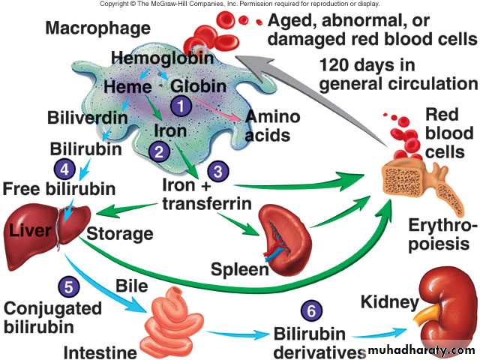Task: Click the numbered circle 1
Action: point(180,106)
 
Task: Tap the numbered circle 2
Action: point(159,151)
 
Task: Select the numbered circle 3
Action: point(217,170)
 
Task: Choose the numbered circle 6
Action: point(311,310)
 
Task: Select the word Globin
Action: point(198,86)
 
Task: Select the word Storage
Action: point(120,233)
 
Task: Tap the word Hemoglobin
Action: point(160,57)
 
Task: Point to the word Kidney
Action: point(388,303)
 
